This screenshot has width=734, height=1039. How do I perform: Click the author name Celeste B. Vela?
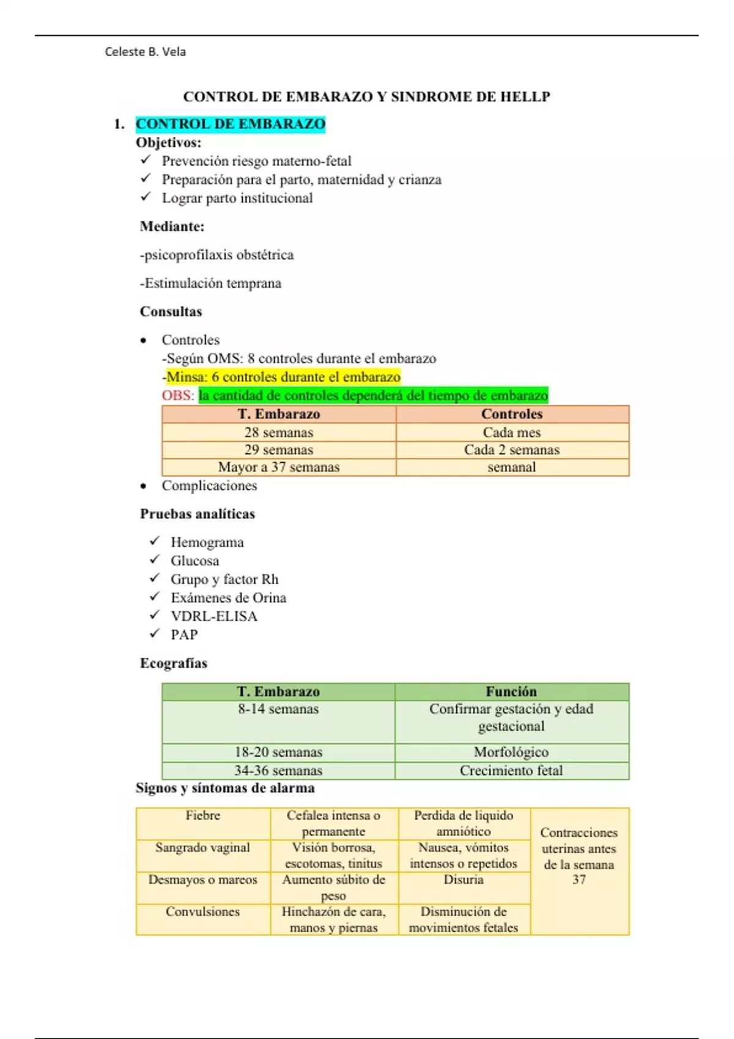145,52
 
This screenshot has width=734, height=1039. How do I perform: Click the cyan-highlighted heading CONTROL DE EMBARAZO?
230,124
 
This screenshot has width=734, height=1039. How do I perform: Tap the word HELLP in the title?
525,97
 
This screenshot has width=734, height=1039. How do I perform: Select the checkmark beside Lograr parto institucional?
146,197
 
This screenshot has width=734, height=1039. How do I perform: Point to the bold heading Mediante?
172,226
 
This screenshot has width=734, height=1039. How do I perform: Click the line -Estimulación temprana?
210,283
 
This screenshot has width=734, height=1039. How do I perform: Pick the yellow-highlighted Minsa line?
283,376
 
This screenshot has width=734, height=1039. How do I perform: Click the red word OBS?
177,395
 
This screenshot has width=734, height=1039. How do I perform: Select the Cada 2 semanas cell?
511,450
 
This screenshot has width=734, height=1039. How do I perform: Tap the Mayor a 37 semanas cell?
278,467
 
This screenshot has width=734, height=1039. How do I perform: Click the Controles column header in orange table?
511,414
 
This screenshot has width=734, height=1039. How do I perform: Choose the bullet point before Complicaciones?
143,486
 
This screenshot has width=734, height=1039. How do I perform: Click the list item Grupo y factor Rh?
224,579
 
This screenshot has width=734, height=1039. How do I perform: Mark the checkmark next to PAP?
155,634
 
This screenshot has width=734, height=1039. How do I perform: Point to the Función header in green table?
511,691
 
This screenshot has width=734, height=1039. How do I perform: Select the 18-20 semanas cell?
278,752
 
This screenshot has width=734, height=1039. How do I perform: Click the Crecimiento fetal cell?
511,770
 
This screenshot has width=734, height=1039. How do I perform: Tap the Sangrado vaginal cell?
202,848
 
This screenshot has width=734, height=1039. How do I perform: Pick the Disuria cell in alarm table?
464,880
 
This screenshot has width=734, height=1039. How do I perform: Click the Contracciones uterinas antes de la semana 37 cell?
579,856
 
